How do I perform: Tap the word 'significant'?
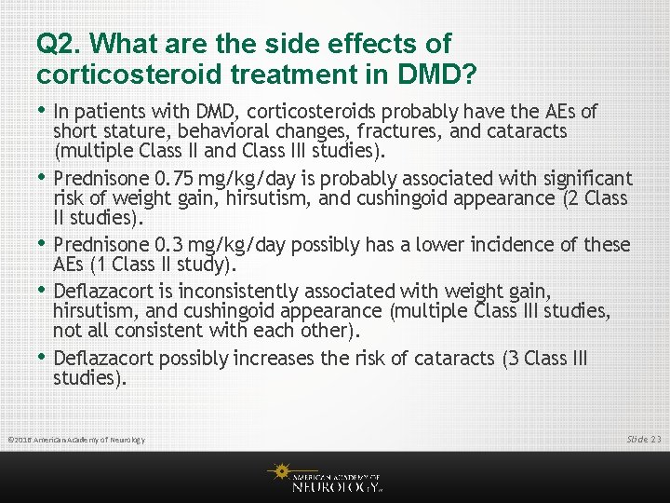[579, 178]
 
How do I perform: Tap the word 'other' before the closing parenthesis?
[331, 331]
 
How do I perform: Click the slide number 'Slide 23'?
[643, 438]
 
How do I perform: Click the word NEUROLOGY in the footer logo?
[335, 485]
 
